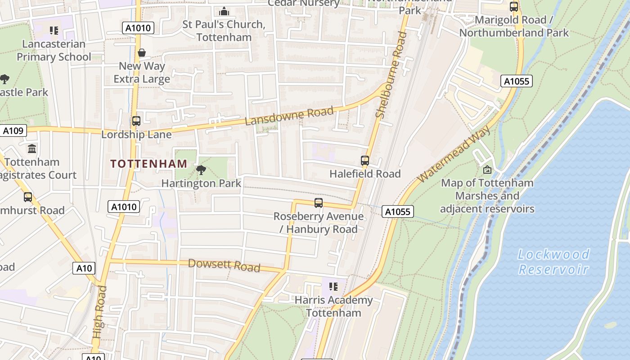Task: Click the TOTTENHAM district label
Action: (148, 164)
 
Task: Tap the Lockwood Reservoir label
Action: (553, 261)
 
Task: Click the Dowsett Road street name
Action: (224, 265)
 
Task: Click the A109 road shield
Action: (13, 131)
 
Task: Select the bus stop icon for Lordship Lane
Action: (136, 121)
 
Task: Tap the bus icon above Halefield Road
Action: (365, 160)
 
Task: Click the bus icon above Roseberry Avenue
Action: (319, 203)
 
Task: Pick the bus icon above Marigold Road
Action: (513, 7)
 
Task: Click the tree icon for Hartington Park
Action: (201, 170)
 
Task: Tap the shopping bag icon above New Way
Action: (142, 53)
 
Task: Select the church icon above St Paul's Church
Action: (224, 11)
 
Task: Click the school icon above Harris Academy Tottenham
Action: (333, 286)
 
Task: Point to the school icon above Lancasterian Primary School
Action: (54, 31)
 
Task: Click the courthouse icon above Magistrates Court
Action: (32, 148)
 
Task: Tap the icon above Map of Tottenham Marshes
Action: (487, 170)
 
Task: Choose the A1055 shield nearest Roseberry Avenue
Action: (398, 211)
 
